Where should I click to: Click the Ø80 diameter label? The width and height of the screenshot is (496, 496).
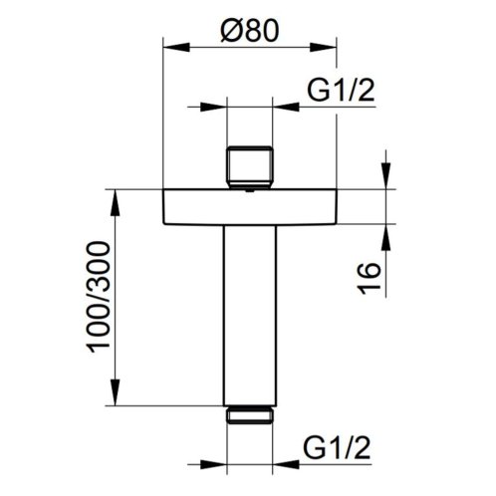(x=249, y=30)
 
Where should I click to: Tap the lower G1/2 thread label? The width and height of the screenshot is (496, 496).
(x=337, y=447)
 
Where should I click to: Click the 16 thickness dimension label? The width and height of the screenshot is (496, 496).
(x=369, y=279)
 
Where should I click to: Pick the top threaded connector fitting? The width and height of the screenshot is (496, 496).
(x=249, y=167)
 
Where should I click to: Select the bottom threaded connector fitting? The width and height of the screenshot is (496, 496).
(x=250, y=414)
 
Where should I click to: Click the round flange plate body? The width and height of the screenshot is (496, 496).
(x=250, y=206)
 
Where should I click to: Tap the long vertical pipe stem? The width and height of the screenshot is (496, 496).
(x=250, y=316)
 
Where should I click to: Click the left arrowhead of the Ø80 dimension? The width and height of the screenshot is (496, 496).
(x=176, y=47)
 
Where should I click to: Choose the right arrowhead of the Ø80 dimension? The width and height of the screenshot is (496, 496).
(x=324, y=47)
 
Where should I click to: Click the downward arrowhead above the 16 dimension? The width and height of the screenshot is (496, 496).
(x=386, y=176)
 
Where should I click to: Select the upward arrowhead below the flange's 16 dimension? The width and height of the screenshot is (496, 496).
(x=386, y=237)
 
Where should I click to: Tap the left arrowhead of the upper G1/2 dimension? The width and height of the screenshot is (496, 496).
(x=213, y=107)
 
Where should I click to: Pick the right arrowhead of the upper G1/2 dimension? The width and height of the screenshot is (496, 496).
(x=285, y=107)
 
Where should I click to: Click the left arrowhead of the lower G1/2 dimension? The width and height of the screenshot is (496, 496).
(x=213, y=464)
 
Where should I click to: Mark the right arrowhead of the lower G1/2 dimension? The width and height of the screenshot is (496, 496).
(x=285, y=464)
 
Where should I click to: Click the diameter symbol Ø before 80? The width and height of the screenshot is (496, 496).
(x=231, y=30)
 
